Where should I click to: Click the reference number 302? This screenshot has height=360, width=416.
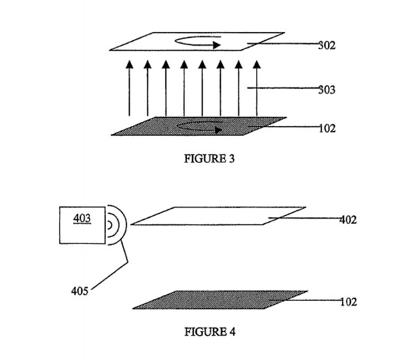[327, 45]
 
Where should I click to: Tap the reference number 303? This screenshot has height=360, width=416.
[327, 89]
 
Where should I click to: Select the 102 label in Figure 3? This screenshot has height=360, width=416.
[327, 128]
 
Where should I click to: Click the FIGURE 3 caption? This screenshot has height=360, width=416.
[209, 159]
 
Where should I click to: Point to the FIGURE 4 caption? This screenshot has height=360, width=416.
[210, 332]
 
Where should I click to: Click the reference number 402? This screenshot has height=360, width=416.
[348, 220]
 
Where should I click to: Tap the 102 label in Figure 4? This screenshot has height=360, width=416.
[349, 302]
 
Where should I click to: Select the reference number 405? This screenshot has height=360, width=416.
[80, 291]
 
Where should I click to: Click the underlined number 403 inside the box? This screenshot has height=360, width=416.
[83, 218]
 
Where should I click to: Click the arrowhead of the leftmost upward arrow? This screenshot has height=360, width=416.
[130, 65]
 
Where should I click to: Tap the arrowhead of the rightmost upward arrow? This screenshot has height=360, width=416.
[257, 65]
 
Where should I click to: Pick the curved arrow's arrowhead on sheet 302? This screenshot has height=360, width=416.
[217, 45]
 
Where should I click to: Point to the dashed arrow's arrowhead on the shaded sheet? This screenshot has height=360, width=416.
[218, 130]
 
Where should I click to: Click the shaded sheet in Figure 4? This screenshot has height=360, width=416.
[220, 300]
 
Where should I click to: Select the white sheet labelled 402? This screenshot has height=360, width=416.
[218, 216]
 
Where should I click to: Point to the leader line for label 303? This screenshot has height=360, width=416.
[284, 88]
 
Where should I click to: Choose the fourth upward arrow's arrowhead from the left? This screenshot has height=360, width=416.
[184, 65]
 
